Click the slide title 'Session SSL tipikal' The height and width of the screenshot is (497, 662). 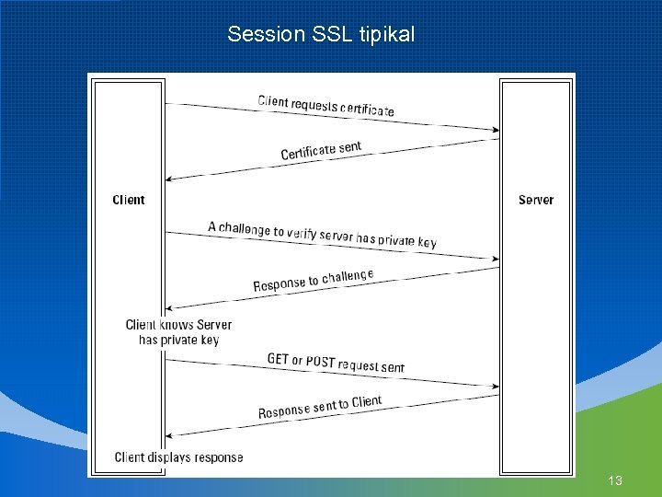321,35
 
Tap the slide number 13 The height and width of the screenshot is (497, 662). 615,480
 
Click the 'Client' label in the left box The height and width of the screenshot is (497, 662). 129,200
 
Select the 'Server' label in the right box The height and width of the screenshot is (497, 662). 536,200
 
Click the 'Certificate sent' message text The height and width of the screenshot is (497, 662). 321,151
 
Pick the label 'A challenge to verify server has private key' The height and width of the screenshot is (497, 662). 322,234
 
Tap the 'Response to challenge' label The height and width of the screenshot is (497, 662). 314,281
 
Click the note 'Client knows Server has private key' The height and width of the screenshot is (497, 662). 178,332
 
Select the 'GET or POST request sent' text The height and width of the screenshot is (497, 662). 336,363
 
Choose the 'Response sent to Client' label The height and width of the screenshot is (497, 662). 319,407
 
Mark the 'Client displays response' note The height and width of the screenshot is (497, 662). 178,457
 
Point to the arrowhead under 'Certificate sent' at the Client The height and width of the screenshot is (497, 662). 170,179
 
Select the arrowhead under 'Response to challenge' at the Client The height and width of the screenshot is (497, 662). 170,307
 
